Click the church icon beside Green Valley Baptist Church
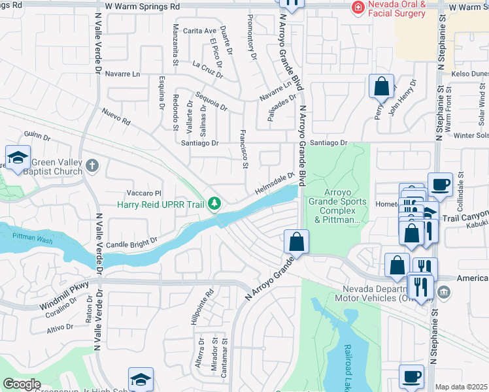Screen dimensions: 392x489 pyautogui.click(x=92, y=165)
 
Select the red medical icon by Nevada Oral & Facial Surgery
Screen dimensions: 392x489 pyautogui.click(x=358, y=7)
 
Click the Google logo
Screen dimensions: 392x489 pyautogui.click(x=22, y=384)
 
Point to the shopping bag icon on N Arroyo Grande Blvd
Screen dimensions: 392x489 pyautogui.click(x=296, y=240)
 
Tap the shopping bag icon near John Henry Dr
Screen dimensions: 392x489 pyautogui.click(x=381, y=86)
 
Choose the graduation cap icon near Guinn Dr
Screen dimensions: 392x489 pyautogui.click(x=18, y=157)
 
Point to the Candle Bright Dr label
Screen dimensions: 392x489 pyautogui.click(x=137, y=240)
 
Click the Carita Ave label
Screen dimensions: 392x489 pyautogui.click(x=199, y=31)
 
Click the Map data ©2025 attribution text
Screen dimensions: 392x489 pyautogui.click(x=462, y=387)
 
